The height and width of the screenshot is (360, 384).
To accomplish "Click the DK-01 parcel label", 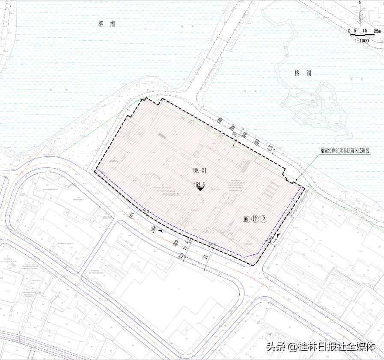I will (x=200, y=170).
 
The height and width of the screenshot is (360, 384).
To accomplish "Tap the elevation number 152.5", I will (x=199, y=185).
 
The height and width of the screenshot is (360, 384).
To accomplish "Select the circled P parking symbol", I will (x=264, y=219).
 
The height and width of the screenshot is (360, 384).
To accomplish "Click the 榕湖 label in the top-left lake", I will (x=107, y=25).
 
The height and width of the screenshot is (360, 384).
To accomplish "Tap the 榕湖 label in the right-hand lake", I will (x=303, y=73).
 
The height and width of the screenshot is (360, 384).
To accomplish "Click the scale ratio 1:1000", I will (x=362, y=40).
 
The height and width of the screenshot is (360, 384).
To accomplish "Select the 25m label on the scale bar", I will (x=377, y=31).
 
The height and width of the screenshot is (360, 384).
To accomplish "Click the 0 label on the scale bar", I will (x=349, y=31).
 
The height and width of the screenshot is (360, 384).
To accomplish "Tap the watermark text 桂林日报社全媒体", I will (x=336, y=346).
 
